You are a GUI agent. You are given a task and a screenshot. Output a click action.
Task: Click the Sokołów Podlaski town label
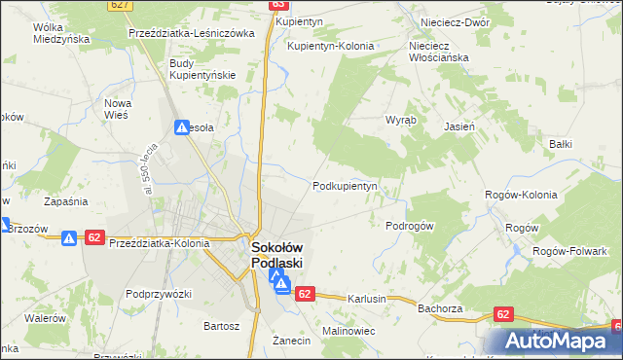click(x=277, y=255)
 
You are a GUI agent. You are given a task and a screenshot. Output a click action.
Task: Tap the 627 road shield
click(x=121, y=5)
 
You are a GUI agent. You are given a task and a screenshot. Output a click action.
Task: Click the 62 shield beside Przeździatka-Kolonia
click(x=94, y=237)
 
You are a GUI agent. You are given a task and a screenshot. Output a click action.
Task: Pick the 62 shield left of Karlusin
click(x=305, y=294)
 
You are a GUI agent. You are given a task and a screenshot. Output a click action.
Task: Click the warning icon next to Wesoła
click(x=182, y=126)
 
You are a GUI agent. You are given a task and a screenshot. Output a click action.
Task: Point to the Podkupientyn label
click(x=344, y=186)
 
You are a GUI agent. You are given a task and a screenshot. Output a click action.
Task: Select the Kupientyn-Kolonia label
click(x=329, y=46)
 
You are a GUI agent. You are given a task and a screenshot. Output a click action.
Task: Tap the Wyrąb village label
click(x=400, y=120)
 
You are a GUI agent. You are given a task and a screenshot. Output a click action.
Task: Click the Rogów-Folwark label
click(x=568, y=251)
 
